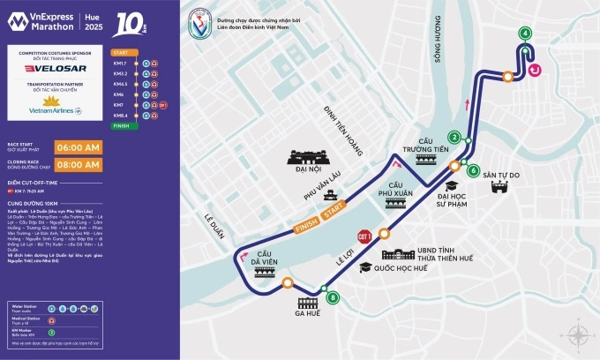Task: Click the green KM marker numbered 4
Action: click(526, 34)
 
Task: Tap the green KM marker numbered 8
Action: click(332, 298)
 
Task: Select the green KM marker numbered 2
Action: click(454, 137)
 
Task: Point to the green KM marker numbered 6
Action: click(474, 170)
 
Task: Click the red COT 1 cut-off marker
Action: click(364, 236)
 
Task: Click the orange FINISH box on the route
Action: click(306, 223)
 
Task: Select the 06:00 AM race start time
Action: click(79, 147)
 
